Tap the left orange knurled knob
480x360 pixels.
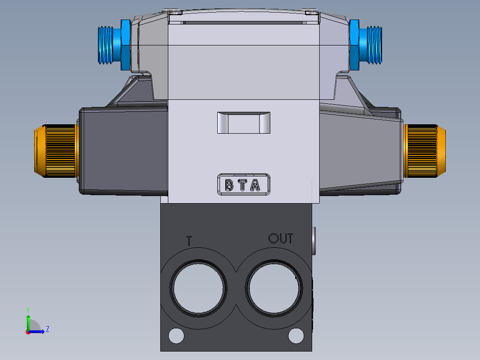[54, 151]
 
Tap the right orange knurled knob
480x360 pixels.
[425, 151]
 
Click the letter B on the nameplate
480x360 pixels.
[229, 185]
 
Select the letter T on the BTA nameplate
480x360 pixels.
[241, 185]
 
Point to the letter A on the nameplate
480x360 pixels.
[255, 185]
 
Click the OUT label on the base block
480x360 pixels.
[281, 239]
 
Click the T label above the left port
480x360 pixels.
[189, 241]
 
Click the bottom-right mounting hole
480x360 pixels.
[296, 335]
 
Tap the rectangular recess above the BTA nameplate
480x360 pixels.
[244, 123]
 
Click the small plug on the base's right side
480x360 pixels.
[314, 241]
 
